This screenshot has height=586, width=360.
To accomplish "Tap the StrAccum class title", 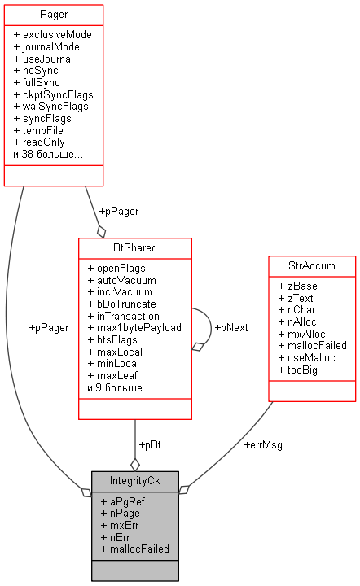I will [x=312, y=265].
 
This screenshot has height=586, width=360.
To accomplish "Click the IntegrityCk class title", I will [x=134, y=481].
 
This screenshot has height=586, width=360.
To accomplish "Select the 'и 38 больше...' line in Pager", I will [x=48, y=154].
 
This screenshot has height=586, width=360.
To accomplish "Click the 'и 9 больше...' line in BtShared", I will [x=120, y=387].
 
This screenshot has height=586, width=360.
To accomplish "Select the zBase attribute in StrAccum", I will [x=297, y=286].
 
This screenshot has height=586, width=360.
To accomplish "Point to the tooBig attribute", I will [x=297, y=370].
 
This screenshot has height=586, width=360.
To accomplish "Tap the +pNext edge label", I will [x=231, y=327].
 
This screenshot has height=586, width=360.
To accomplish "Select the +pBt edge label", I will [x=150, y=445].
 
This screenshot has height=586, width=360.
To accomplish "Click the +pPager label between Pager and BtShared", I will [x=118, y=211].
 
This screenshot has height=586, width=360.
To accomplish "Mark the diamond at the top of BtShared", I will [x=101, y=230].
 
